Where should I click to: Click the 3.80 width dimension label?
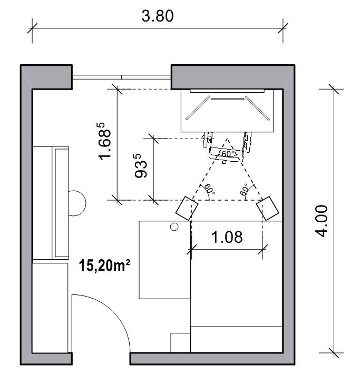pos(158,16)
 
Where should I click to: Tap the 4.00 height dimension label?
pos(322,221)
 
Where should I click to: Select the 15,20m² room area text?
pos(104,265)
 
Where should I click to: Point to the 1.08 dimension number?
pos(227,237)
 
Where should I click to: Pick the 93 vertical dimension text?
pos(141,165)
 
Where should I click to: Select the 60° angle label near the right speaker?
pos(245,189)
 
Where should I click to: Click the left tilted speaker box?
pos(187,208)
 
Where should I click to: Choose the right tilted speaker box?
pos(268,208)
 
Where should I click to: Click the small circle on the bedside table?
pos(174,227)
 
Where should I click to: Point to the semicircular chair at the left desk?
pos(77,203)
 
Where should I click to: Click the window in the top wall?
pos(122,77)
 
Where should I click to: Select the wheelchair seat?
pos(226,155)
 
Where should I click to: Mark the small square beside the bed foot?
pos(181,342)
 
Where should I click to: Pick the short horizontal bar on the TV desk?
pos(228,99)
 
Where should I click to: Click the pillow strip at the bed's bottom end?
pos(237,339)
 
